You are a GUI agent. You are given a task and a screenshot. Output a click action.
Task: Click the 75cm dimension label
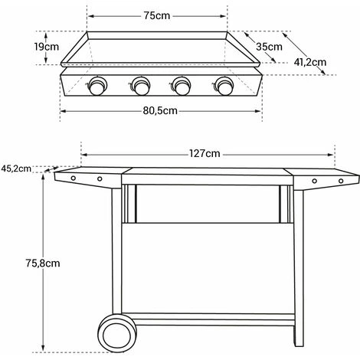[x=157, y=16]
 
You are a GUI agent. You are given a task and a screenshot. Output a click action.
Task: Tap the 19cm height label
[x=47, y=47]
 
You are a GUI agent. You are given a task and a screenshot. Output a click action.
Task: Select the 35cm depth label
[x=269, y=47]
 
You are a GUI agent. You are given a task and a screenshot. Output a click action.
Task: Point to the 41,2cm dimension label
[x=310, y=62]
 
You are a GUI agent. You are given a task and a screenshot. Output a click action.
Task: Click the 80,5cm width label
[x=160, y=111]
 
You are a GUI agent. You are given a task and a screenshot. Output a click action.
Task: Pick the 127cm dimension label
[x=205, y=154]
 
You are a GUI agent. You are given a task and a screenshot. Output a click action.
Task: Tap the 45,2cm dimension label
[x=16, y=169]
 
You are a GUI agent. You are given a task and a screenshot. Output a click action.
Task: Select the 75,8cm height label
[x=43, y=263]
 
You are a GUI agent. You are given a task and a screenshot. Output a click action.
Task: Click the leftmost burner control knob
[x=97, y=86]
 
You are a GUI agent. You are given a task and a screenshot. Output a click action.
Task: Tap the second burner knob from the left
[x=140, y=86]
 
